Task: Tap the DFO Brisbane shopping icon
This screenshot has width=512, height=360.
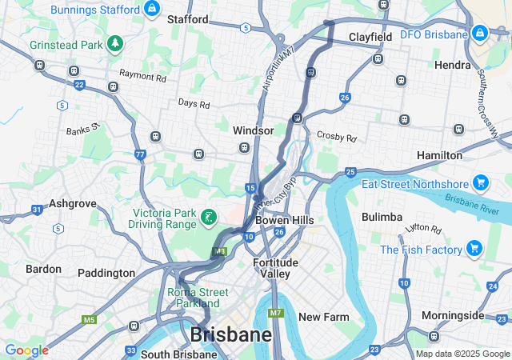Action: click(x=479, y=34)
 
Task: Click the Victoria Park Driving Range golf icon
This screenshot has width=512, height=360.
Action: click(x=209, y=216)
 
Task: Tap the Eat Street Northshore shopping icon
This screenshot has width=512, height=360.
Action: click(x=481, y=183)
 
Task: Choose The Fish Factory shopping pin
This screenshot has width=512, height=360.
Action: click(x=474, y=249)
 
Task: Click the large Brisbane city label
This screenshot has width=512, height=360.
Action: click(x=230, y=334)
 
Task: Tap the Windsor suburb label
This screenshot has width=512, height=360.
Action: click(x=254, y=130)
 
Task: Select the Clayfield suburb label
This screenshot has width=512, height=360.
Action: click(x=370, y=37)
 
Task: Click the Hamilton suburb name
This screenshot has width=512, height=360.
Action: click(x=439, y=154)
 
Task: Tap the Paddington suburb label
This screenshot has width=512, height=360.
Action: click(x=106, y=273)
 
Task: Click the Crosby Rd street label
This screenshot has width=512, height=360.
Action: click(x=337, y=137)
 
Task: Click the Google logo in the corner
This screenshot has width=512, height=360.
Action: click(x=26, y=350)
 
